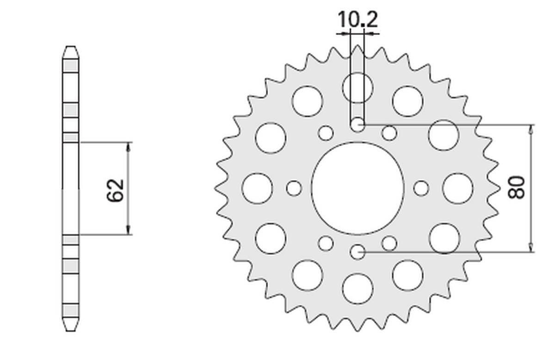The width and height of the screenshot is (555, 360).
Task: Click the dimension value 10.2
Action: [x=358, y=20]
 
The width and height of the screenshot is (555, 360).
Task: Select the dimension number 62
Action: [x=116, y=189]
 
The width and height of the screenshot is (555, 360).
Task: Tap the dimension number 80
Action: [x=517, y=187]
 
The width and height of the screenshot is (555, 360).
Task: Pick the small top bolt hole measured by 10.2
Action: [x=358, y=125]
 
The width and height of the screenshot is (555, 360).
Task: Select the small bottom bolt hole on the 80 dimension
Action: [x=358, y=252]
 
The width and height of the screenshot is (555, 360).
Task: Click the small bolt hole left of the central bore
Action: [x=294, y=188]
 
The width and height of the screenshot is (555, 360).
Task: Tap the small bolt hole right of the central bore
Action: [x=421, y=188]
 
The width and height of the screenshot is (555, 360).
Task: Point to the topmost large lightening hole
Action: [x=358, y=87]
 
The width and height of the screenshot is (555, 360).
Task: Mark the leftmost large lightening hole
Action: [x=257, y=188]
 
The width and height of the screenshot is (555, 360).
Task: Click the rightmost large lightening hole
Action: [x=457, y=188]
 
